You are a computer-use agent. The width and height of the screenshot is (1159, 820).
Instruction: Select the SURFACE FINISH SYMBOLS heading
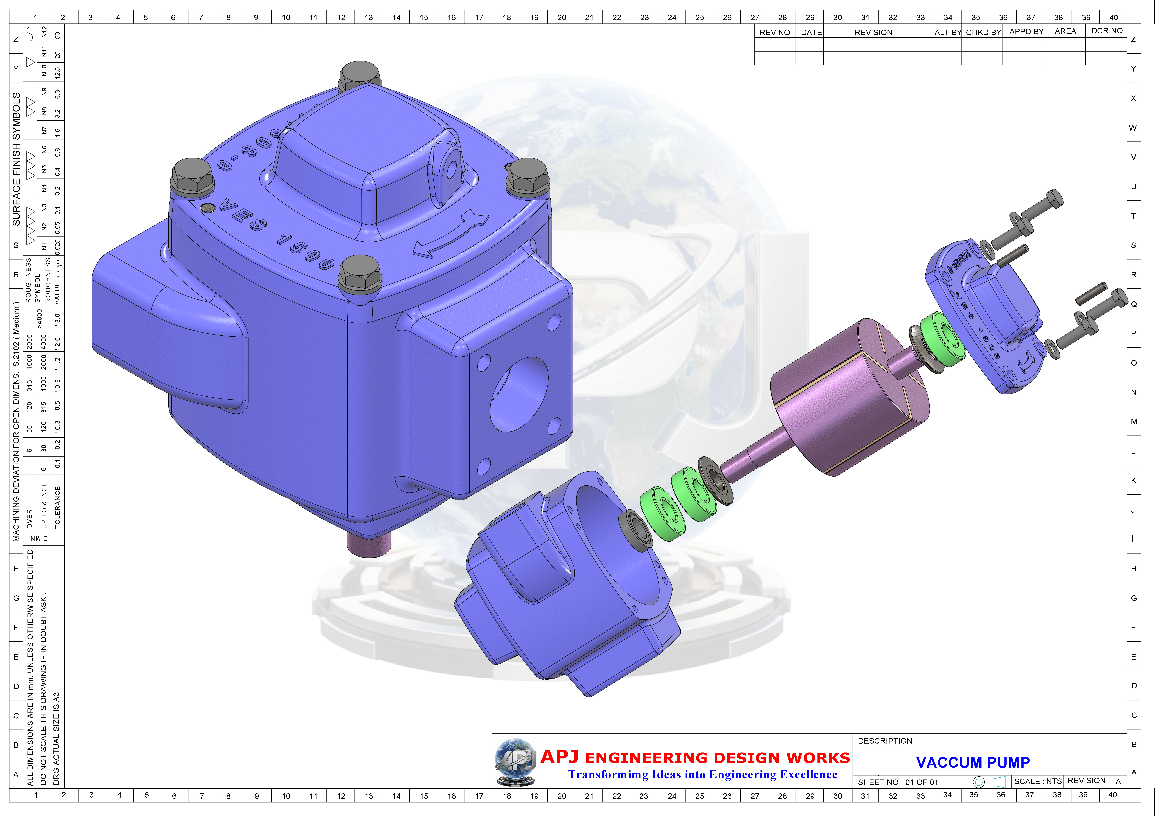coord(17,159)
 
